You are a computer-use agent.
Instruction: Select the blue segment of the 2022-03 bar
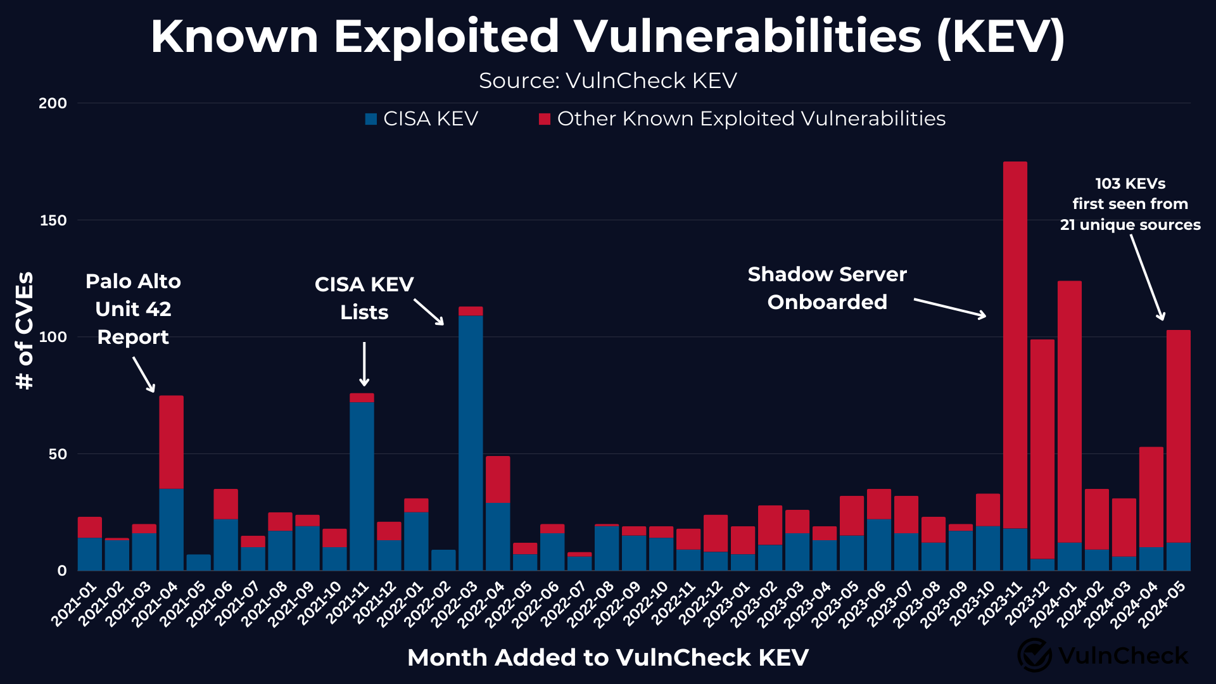click(471, 443)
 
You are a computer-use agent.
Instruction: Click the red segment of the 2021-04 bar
click(171, 442)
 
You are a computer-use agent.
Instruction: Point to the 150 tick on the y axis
click(53, 220)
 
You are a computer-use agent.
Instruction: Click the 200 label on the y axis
click(53, 103)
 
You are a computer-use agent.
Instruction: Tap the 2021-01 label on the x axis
click(75, 604)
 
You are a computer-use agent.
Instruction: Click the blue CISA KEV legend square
click(371, 119)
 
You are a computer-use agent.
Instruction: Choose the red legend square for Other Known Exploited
click(545, 119)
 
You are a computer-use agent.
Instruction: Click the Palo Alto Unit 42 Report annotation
click(133, 309)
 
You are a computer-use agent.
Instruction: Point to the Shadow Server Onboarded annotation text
click(827, 288)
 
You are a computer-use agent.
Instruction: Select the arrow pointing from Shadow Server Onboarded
click(950, 308)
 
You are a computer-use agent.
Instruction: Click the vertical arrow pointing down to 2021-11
click(364, 364)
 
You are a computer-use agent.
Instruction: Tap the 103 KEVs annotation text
click(1130, 204)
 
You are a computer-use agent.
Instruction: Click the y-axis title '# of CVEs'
click(25, 330)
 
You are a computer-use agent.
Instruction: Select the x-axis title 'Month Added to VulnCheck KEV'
click(608, 657)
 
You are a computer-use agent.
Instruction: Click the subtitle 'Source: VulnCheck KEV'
click(608, 81)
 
